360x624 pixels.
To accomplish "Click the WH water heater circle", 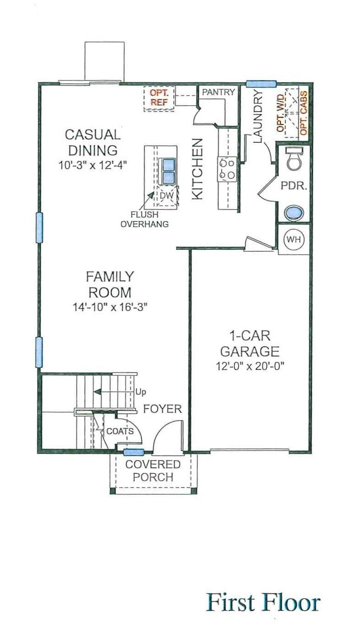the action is [x=294, y=239].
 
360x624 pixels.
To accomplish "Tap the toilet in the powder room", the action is [x=295, y=158].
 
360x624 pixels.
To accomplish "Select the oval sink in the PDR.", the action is [x=294, y=213].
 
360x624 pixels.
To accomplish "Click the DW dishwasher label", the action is [x=167, y=196].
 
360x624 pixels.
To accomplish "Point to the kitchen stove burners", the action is [x=227, y=169].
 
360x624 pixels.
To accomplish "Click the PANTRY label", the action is [x=218, y=92].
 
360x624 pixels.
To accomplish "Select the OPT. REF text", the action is [x=159, y=98].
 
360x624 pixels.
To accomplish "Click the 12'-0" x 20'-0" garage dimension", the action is [x=250, y=365].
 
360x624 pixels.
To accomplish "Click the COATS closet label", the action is [x=120, y=431].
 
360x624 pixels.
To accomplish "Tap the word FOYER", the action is [x=163, y=409].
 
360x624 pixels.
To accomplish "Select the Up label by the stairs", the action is [x=141, y=392].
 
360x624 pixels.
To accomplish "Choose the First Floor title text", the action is [x=263, y=602].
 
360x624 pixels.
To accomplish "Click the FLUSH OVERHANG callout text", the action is [x=144, y=219].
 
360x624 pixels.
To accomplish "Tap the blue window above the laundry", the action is [x=261, y=83].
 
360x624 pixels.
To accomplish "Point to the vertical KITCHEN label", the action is [x=197, y=169].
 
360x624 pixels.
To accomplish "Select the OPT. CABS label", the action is [x=304, y=113].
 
